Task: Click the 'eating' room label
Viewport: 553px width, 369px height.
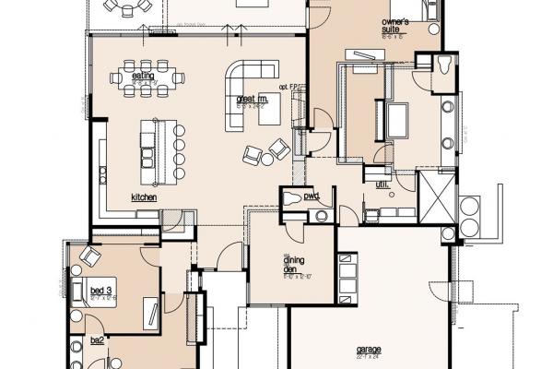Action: click(142, 76)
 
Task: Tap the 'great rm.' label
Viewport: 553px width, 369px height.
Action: click(252, 99)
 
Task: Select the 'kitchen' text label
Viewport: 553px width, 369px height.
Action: click(143, 197)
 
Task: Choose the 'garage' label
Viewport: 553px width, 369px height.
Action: click(369, 350)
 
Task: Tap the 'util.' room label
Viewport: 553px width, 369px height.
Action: click(382, 184)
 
